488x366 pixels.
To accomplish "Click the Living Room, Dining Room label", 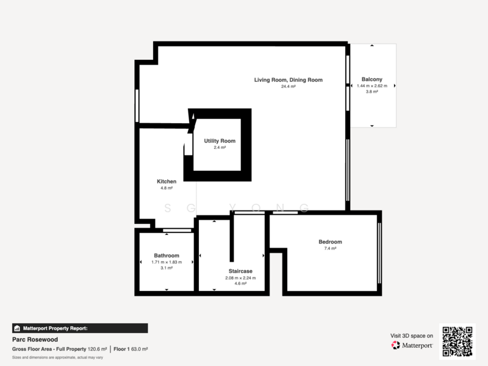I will pyautogui.click(x=289, y=80).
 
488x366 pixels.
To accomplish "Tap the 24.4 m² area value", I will pyautogui.click(x=289, y=87).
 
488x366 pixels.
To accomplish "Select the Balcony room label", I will pyautogui.click(x=372, y=79).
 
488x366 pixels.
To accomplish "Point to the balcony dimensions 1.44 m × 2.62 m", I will pyautogui.click(x=372, y=86).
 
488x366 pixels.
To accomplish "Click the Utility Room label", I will pyautogui.click(x=220, y=141).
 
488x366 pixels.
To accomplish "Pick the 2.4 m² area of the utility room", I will pyautogui.click(x=220, y=148).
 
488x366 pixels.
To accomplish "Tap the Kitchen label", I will pyautogui.click(x=167, y=182).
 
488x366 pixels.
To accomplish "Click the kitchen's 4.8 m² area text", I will pyautogui.click(x=167, y=188).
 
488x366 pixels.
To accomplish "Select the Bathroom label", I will pyautogui.click(x=167, y=256).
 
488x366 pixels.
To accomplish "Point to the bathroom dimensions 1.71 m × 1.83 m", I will pyautogui.click(x=167, y=262).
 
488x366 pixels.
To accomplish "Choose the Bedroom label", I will pyautogui.click(x=330, y=242).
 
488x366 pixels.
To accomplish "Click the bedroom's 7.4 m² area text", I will pyautogui.click(x=330, y=248).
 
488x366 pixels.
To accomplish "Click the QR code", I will pyautogui.click(x=457, y=342).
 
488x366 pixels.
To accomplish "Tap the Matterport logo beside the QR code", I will pyautogui.click(x=412, y=345).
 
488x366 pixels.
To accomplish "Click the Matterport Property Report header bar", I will pyautogui.click(x=80, y=328).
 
